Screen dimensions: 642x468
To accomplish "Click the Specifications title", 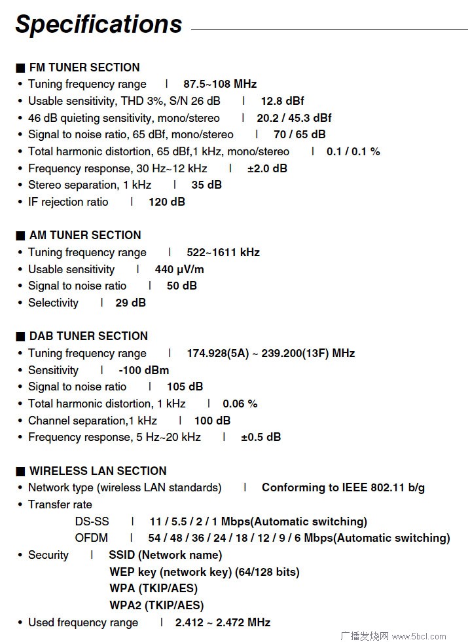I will coord(99,24).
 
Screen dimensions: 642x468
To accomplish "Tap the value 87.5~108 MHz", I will coord(220,84).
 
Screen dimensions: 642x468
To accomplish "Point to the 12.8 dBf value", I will coord(282,101).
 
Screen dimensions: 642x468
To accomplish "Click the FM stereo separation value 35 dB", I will coord(206,185).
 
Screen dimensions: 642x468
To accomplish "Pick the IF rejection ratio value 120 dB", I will coord(167,202).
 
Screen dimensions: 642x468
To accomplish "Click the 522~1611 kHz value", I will coord(223,252).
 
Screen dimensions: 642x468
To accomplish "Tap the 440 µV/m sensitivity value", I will coord(179,269).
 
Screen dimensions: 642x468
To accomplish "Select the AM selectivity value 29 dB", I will coord(130,303).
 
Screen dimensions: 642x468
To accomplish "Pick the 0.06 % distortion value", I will coord(240,404).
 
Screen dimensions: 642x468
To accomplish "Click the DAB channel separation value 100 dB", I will coord(212,421).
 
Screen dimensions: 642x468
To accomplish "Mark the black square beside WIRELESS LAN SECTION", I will coord(20,471).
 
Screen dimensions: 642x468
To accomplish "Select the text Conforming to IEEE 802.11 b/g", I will coord(343,487).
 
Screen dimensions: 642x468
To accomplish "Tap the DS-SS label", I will coord(92,521).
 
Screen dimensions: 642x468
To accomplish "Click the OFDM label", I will coord(92,538).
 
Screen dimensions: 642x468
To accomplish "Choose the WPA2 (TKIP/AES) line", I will coord(156,605).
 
